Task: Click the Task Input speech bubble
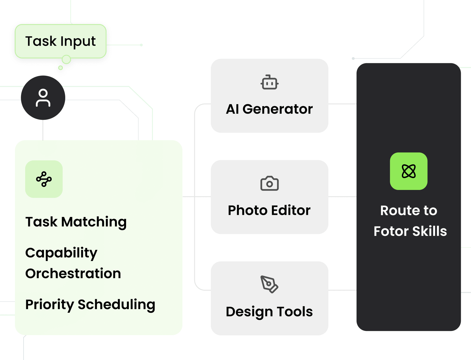61,41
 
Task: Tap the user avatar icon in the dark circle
43,98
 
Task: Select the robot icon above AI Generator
269,82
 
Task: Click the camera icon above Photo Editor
269,183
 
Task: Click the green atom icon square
409,171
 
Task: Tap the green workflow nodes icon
44,179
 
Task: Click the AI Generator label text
269,109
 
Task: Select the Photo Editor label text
269,210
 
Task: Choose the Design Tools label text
269,312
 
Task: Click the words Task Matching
76,222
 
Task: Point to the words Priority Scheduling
90,304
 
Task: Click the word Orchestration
73,273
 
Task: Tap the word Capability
61,253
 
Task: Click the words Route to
409,210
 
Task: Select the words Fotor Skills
410,231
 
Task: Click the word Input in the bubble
78,41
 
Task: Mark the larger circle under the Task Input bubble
66,59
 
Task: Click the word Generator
278,109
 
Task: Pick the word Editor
291,210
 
